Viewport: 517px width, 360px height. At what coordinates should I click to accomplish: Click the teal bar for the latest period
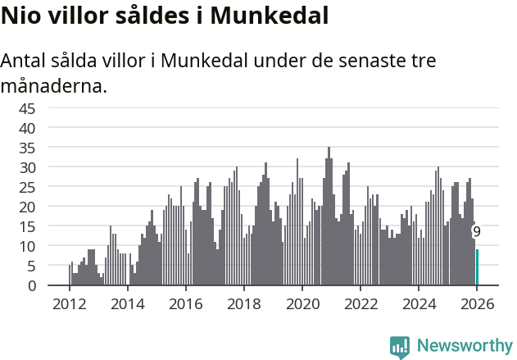point(478,267)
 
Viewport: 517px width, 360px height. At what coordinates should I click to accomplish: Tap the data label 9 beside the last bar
point(477,232)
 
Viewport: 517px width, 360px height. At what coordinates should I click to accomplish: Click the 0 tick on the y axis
point(31,285)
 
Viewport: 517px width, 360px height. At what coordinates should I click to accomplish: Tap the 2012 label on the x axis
point(69,304)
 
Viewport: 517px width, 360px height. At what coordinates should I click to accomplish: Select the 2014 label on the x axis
point(127,304)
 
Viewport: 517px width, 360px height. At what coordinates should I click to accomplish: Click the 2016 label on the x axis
point(185,304)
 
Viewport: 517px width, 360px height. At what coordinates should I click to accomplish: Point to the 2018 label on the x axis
point(243,304)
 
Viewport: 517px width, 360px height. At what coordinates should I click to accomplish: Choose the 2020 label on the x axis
point(302,304)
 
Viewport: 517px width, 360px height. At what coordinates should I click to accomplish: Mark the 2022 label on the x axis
point(361,304)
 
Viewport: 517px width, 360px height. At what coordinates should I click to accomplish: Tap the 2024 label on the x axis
point(419,304)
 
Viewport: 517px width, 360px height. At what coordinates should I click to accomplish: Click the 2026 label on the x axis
point(477,304)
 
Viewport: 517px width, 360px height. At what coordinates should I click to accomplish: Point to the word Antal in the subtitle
point(25,62)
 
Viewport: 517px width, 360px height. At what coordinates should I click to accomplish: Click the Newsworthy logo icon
point(400,347)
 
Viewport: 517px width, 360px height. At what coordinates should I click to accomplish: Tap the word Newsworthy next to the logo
point(464,347)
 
